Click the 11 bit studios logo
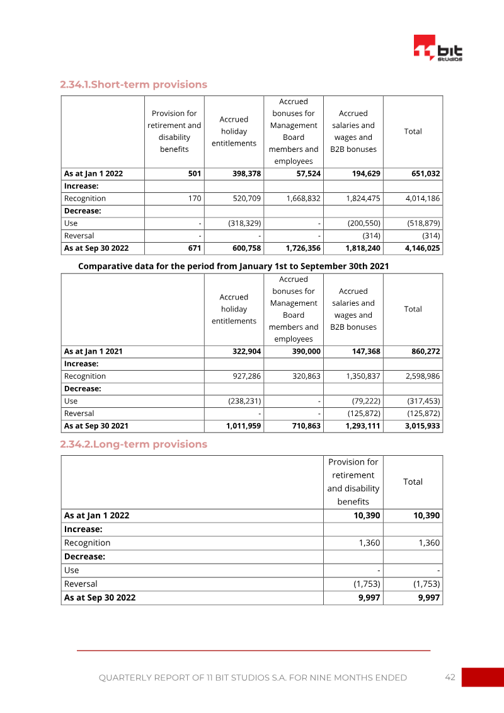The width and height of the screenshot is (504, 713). click(x=438, y=48)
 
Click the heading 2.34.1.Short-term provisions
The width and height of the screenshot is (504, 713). click(x=134, y=84)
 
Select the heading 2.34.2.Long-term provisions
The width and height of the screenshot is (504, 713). click(x=134, y=444)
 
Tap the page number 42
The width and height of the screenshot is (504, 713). click(x=450, y=677)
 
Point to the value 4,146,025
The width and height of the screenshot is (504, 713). click(x=423, y=248)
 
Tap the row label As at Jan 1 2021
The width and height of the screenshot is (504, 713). click(x=93, y=351)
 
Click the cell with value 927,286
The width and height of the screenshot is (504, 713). click(x=245, y=376)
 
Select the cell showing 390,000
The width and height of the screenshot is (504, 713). click(x=306, y=351)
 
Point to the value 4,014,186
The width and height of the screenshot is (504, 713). click(x=423, y=199)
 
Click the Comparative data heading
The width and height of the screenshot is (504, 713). click(x=233, y=266)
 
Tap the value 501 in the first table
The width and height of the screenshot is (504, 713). click(x=195, y=173)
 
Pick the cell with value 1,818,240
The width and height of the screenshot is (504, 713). click(x=363, y=248)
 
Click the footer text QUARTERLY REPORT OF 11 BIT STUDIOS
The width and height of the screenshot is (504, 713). click(x=253, y=678)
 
